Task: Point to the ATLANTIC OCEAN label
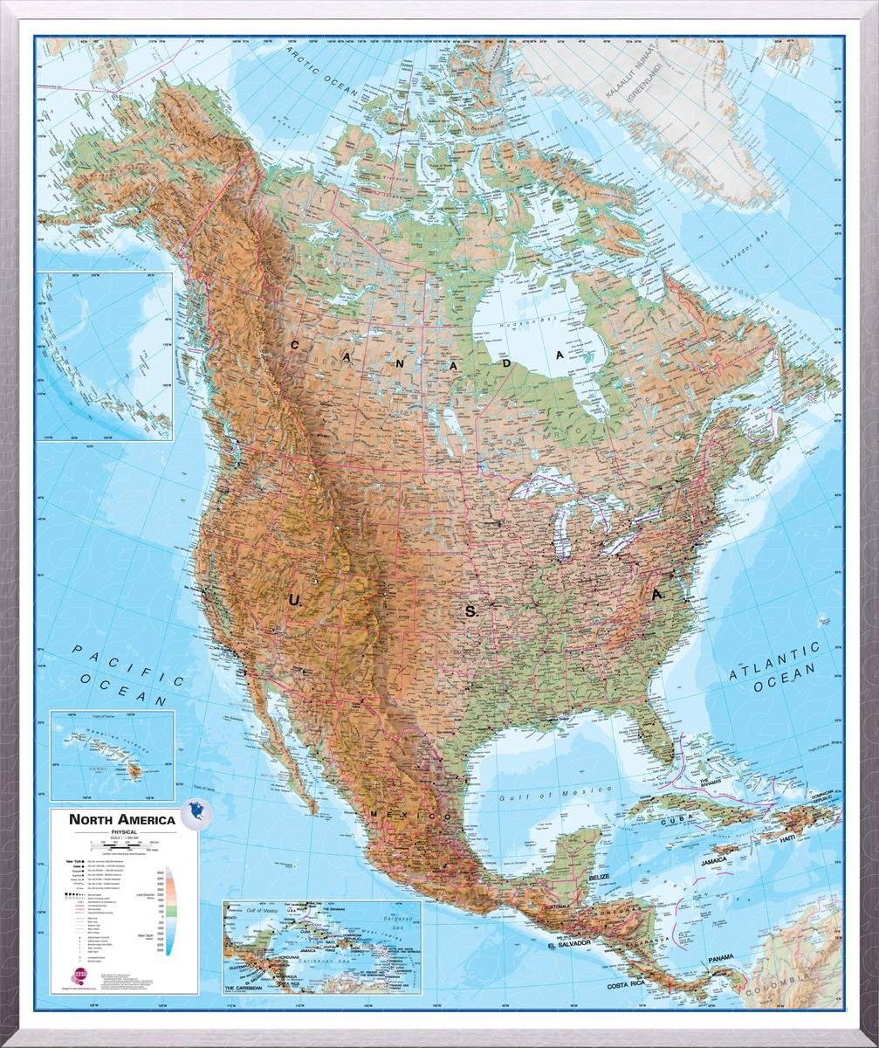[x=776, y=666]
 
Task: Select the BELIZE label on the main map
[x=598, y=875]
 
